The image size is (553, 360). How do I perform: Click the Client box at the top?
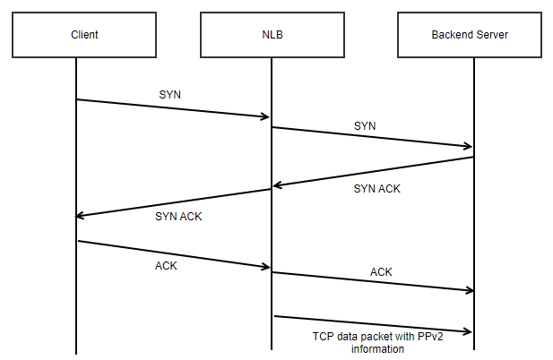click(83, 35)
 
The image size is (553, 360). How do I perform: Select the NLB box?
click(271, 35)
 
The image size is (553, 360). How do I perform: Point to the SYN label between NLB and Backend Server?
click(365, 126)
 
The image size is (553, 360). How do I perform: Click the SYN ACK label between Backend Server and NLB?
click(376, 189)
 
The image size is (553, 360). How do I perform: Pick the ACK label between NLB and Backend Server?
click(381, 271)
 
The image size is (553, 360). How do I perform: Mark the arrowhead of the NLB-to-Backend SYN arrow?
click(468, 145)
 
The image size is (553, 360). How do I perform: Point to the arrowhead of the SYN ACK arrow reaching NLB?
click(277, 185)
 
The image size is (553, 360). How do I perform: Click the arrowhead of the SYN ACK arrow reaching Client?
click(81, 215)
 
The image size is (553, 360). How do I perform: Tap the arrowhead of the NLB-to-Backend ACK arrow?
click(468, 289)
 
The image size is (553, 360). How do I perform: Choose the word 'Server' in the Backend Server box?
click(497, 35)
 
